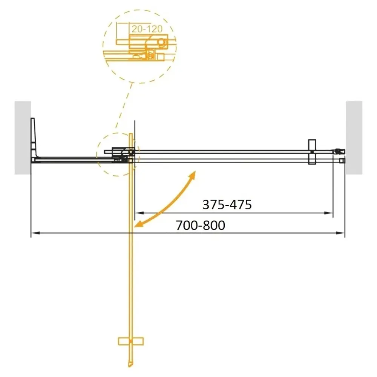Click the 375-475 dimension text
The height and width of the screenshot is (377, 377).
click(x=227, y=205)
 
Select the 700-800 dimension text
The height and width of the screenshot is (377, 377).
click(x=200, y=225)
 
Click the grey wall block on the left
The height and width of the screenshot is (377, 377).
click(x=23, y=138)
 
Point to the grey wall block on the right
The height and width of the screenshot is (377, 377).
click(x=354, y=138)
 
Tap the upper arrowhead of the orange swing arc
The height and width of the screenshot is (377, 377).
click(x=193, y=174)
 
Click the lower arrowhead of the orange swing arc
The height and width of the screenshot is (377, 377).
click(x=138, y=225)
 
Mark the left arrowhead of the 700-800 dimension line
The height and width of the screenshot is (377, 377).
click(x=34, y=233)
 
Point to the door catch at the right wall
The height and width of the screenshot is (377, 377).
click(x=340, y=152)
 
